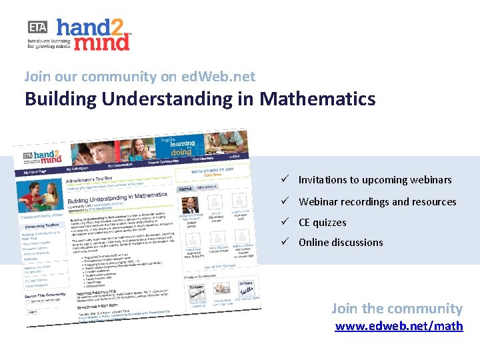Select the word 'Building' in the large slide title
(x=60, y=99)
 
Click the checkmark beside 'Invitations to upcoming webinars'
(x=285, y=179)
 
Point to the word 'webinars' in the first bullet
(x=429, y=180)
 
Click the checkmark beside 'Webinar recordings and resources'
(x=285, y=201)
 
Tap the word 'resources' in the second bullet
(x=434, y=202)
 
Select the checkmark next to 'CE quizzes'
(x=285, y=222)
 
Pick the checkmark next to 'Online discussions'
(x=285, y=242)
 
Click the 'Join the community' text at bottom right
(x=397, y=308)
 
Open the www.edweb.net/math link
(x=399, y=326)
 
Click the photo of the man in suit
(x=190, y=203)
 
